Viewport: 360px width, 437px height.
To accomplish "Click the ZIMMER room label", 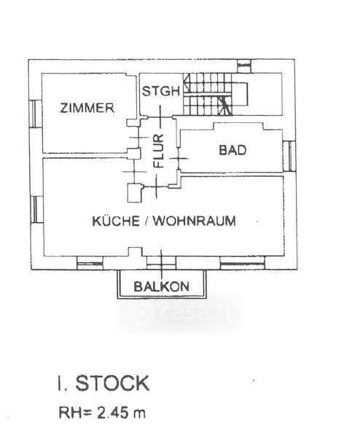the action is point(87,108).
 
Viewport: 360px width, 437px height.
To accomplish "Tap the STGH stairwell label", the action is point(160,91).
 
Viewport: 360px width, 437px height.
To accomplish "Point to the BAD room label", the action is point(232,150).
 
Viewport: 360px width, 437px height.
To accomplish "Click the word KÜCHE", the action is point(116,221).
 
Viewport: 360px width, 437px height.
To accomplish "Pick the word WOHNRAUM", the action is point(195,221).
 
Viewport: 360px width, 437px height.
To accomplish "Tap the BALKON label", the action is point(161,286).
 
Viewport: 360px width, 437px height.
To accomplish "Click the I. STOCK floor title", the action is point(103,383).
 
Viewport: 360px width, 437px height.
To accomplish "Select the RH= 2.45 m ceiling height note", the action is point(102,412).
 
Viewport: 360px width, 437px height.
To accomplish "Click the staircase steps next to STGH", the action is point(208,94).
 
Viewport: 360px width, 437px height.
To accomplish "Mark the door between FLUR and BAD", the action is point(179,158).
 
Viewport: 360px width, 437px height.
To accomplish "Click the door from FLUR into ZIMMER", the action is point(139,138).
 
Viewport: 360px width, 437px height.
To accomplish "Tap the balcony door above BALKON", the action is point(161,262).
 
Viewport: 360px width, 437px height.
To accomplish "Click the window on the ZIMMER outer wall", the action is point(36,114).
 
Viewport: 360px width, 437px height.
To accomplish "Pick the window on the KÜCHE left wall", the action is point(37,210).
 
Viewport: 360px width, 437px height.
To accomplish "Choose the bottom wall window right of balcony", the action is point(243,263).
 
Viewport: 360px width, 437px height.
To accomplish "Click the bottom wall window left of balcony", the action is point(90,263).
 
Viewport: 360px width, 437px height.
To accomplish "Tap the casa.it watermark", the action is point(179,313).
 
